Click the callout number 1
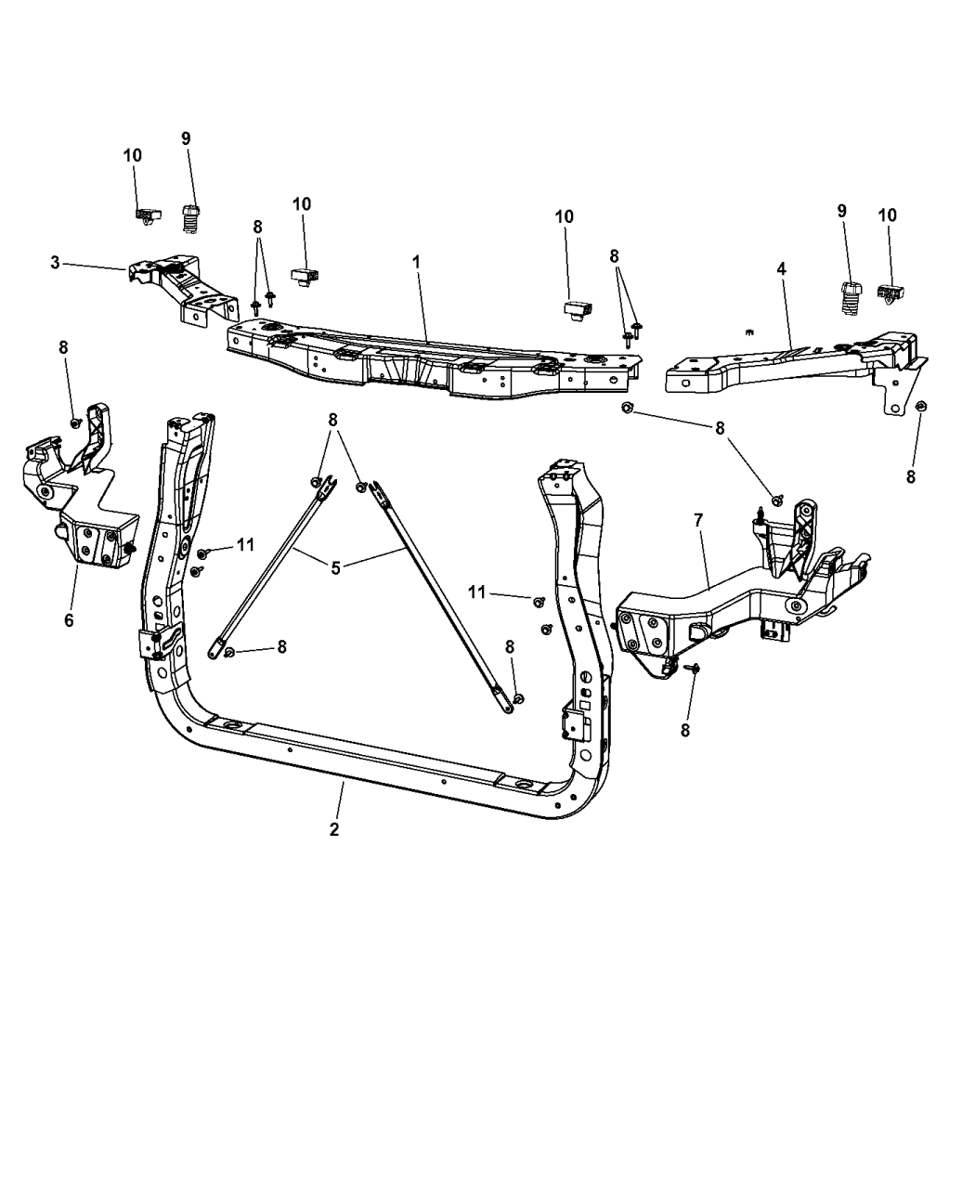(x=416, y=263)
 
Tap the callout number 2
(x=334, y=829)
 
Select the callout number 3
(x=56, y=263)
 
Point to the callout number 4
(x=782, y=268)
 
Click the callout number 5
(x=335, y=566)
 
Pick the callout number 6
(x=69, y=619)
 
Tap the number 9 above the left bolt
(x=186, y=138)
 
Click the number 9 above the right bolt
(x=842, y=211)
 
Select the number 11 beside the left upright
(x=245, y=545)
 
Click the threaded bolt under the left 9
(x=189, y=219)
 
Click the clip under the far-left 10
(x=144, y=216)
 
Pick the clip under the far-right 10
(x=891, y=293)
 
